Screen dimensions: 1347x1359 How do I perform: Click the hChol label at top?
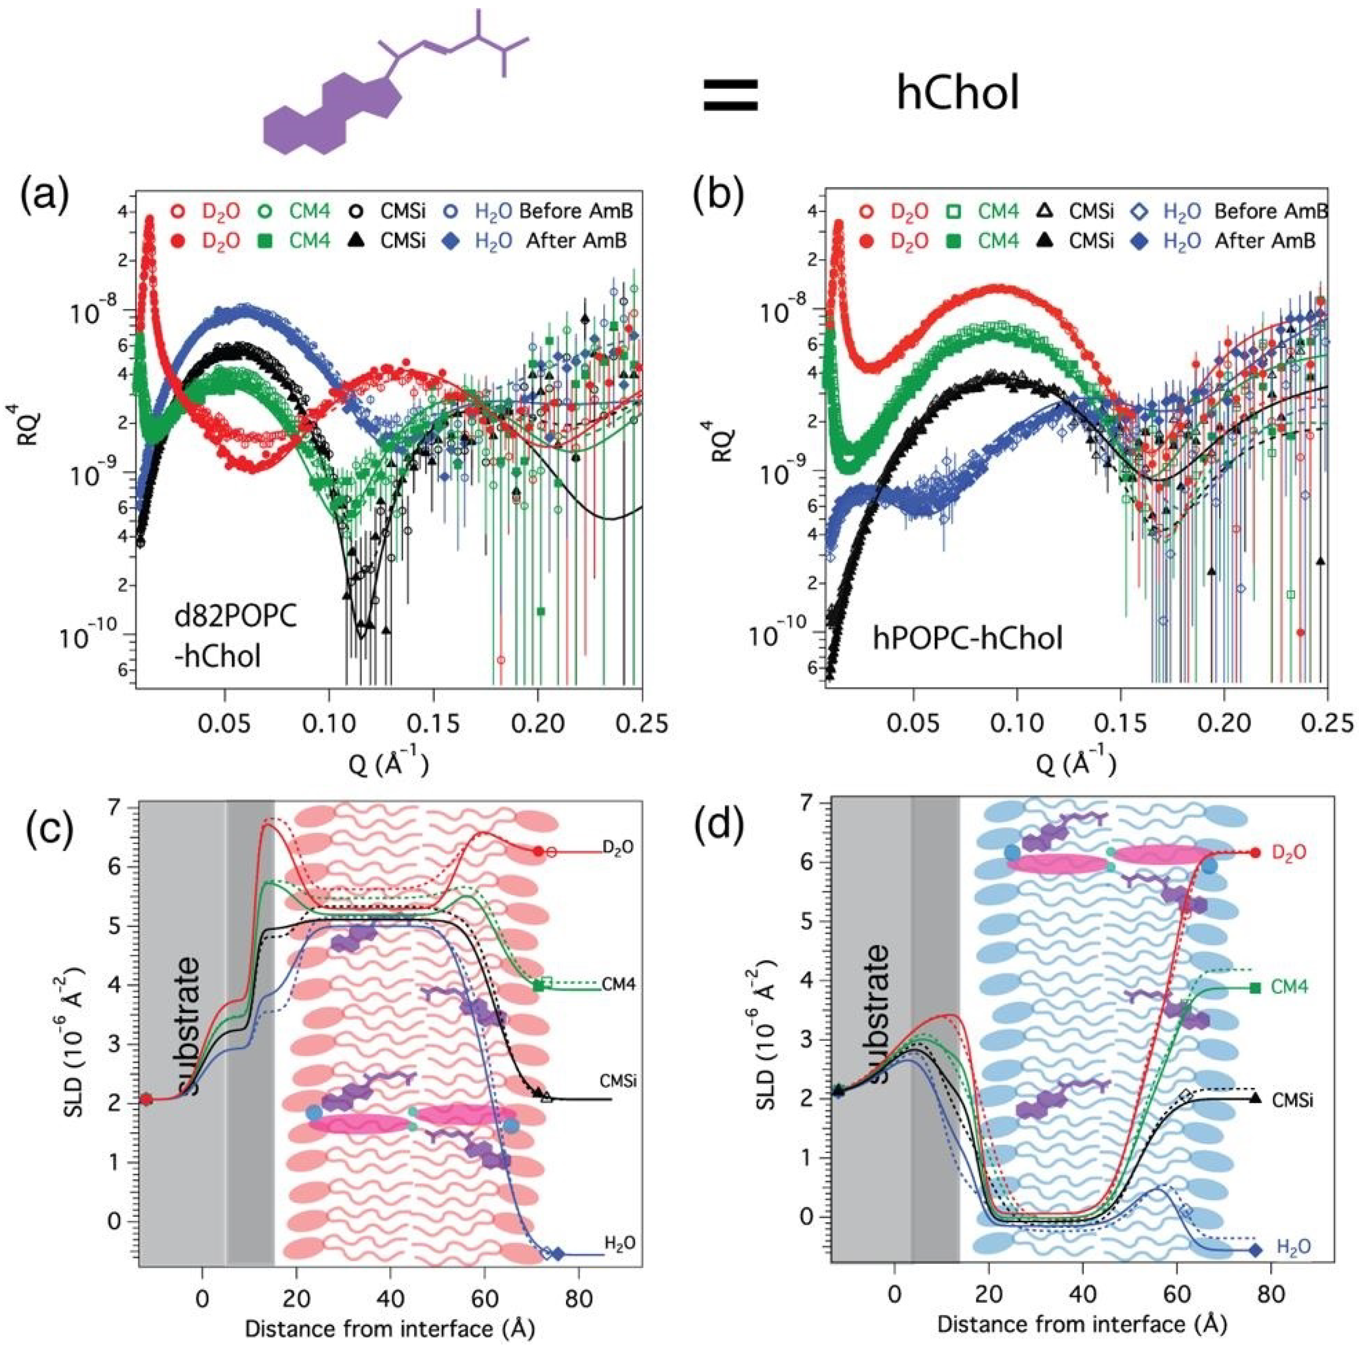(958, 94)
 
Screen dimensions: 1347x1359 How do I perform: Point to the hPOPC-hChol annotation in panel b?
(967, 639)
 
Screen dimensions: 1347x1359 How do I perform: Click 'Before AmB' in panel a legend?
(573, 211)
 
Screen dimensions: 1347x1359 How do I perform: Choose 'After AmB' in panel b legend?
(1265, 241)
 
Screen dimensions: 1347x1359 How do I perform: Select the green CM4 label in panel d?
(1290, 988)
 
